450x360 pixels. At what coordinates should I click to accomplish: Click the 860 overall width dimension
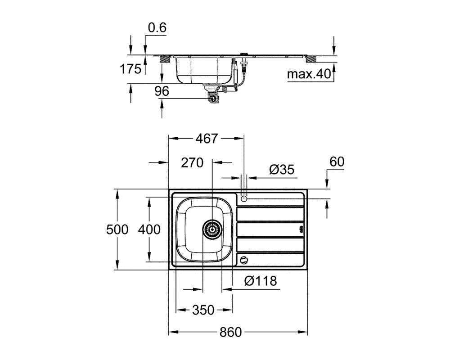point(231,332)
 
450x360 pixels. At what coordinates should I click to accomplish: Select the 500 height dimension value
point(117,229)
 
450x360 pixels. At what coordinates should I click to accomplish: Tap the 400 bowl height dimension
point(149,229)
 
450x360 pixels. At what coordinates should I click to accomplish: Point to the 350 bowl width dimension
point(203,310)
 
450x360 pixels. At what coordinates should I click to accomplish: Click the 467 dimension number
point(207,139)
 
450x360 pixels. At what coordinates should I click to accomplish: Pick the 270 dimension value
point(192,163)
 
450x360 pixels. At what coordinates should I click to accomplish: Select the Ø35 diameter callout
point(282,170)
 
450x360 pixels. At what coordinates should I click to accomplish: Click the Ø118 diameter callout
point(261,281)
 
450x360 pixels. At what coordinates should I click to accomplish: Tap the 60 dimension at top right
point(337,162)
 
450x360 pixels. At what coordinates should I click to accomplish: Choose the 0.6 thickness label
point(157,28)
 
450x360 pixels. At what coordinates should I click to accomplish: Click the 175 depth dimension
point(130,69)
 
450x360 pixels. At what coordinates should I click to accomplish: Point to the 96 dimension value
point(162,91)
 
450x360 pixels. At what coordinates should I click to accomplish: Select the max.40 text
point(309,74)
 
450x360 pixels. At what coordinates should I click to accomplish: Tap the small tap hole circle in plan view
point(243,198)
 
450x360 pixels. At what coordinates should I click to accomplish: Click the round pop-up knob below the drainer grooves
point(243,260)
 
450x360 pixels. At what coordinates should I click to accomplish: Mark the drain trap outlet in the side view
point(213,98)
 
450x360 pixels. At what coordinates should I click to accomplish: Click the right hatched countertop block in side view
point(311,59)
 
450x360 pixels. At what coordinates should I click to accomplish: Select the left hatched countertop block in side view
point(165,59)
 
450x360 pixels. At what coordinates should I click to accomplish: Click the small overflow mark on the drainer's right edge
point(301,229)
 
